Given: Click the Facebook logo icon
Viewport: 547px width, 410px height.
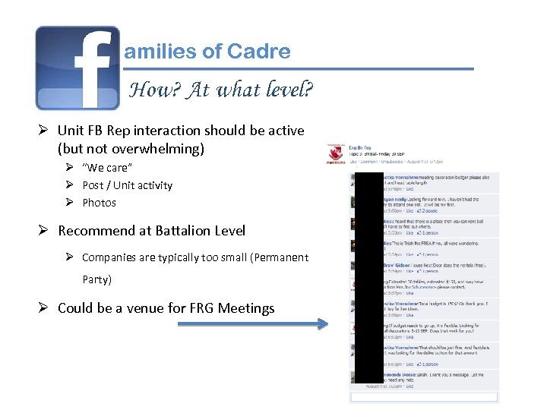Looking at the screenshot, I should tap(77, 68).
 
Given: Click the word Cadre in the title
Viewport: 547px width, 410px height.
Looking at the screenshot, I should tap(258, 52).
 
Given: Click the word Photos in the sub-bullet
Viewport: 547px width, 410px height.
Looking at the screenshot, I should tap(99, 203).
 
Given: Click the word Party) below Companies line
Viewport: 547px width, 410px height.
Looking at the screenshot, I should tap(96, 279).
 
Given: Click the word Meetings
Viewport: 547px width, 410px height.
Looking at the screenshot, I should tap(246, 308).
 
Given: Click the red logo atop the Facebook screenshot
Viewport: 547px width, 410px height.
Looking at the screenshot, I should tap(333, 154).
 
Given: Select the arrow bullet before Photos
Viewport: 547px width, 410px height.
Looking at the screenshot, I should tap(68, 203).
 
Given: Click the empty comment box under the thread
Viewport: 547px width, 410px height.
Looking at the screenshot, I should tap(423, 397).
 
